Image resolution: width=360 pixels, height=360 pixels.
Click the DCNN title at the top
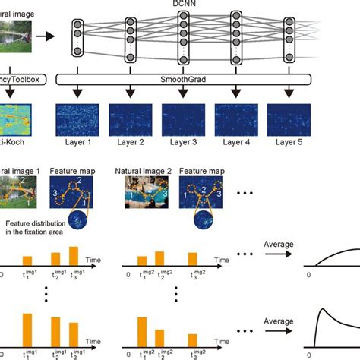point(182,5)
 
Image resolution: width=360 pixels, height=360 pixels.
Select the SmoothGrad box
point(182,79)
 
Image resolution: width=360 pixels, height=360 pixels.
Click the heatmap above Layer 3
point(182,118)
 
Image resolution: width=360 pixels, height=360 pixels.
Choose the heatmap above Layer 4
point(236,118)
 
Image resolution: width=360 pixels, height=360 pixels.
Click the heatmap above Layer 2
point(130,118)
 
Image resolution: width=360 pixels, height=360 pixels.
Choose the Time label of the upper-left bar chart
point(96,260)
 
